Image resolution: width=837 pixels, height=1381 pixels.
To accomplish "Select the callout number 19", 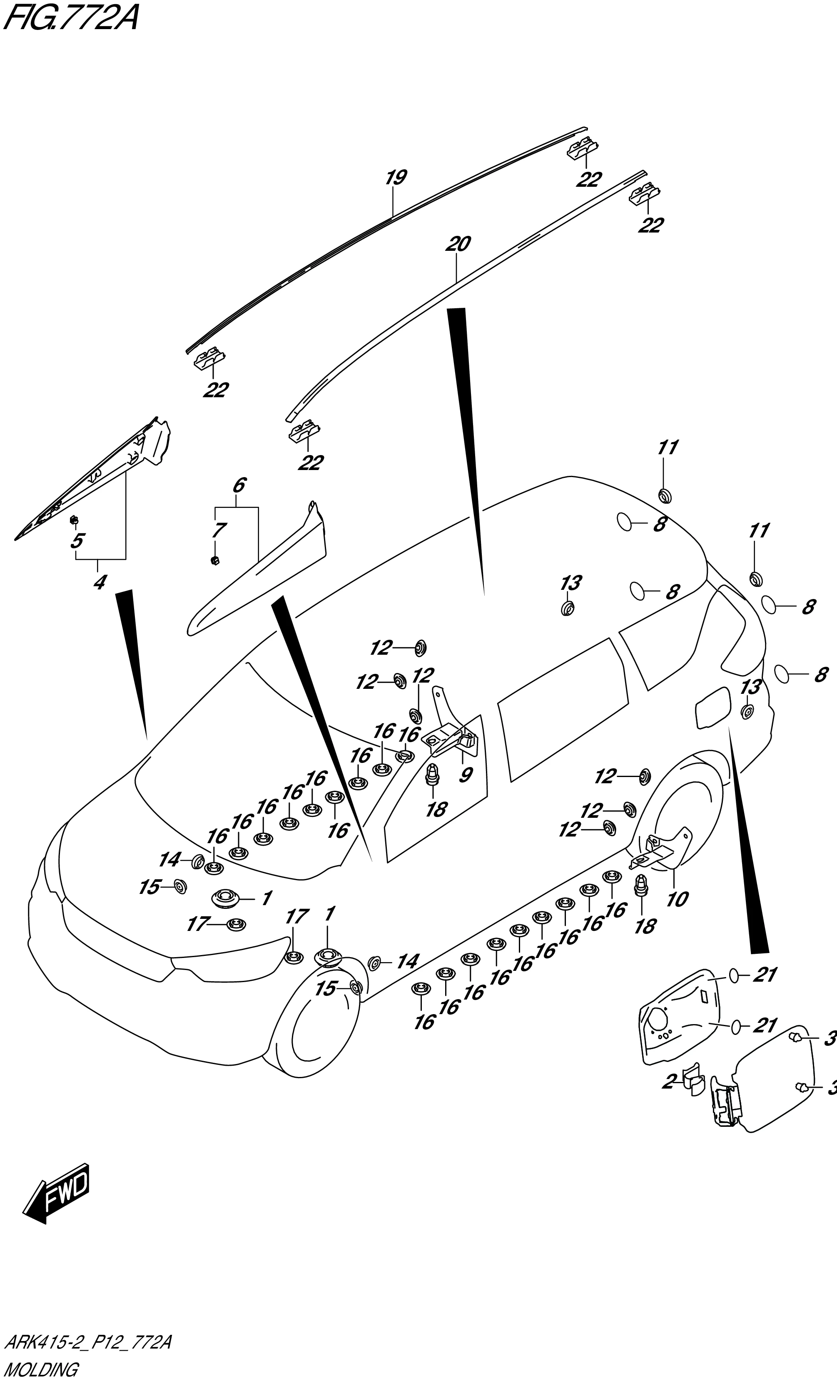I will pos(396,178).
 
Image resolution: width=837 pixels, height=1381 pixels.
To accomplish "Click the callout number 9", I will pos(465,775).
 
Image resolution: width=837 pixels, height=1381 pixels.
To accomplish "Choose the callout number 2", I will pos(668,1082).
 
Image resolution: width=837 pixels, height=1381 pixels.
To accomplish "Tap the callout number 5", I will pos(77,541).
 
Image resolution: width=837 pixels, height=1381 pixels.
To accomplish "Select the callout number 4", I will pos(99,583).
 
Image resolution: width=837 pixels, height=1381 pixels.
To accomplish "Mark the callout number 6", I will pos(239,485).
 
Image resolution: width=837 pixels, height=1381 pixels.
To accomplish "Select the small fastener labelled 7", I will pos(214,560).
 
